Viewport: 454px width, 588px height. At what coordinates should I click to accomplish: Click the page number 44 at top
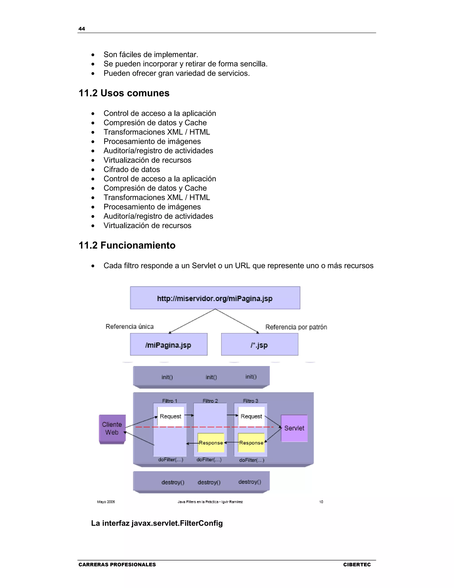click(82, 29)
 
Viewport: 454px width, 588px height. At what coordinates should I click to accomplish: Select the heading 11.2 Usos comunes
click(124, 93)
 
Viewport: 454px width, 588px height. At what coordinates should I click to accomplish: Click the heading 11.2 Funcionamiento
click(127, 245)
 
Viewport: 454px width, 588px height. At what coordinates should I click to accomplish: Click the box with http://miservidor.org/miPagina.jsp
click(215, 298)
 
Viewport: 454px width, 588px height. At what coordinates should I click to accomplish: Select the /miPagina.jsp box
click(169, 345)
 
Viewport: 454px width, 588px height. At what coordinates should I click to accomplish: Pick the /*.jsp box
click(260, 345)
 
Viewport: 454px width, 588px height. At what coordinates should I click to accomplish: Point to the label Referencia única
click(130, 327)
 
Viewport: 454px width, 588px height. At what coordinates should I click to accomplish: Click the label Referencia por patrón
click(296, 327)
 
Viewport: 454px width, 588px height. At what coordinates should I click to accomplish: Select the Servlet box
click(294, 428)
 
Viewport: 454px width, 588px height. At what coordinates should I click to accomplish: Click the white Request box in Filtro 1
click(170, 416)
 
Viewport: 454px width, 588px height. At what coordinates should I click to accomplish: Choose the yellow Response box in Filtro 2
click(211, 443)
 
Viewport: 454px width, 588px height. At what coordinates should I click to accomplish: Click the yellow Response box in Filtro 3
click(251, 443)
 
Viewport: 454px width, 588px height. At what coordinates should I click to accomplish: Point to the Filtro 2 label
click(210, 401)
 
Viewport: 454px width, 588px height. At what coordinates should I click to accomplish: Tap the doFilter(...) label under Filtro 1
click(170, 460)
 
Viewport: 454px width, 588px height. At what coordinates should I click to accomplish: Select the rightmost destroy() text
click(250, 482)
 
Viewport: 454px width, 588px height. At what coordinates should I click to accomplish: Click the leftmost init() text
click(167, 377)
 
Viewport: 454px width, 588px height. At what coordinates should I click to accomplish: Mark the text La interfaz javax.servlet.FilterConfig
click(157, 523)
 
